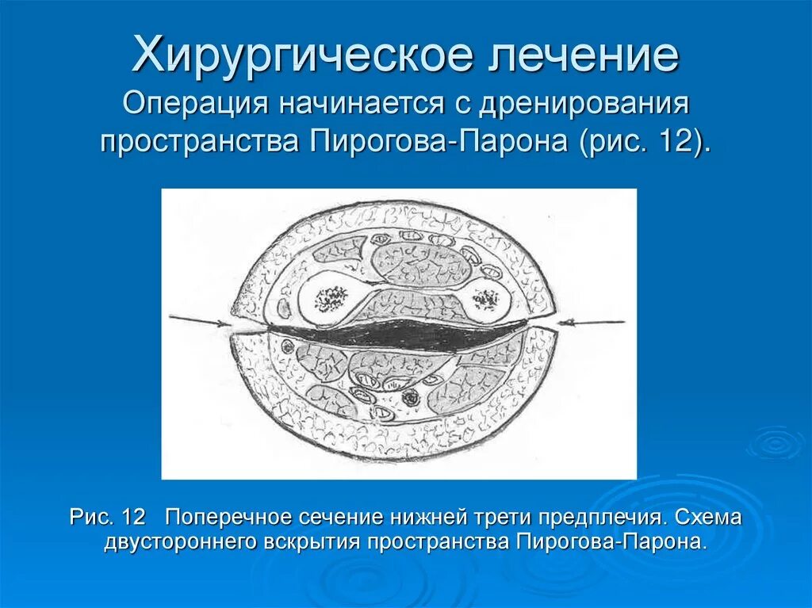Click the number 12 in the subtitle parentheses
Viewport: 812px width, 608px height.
coord(674,143)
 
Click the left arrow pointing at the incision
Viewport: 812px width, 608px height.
coord(198,320)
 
